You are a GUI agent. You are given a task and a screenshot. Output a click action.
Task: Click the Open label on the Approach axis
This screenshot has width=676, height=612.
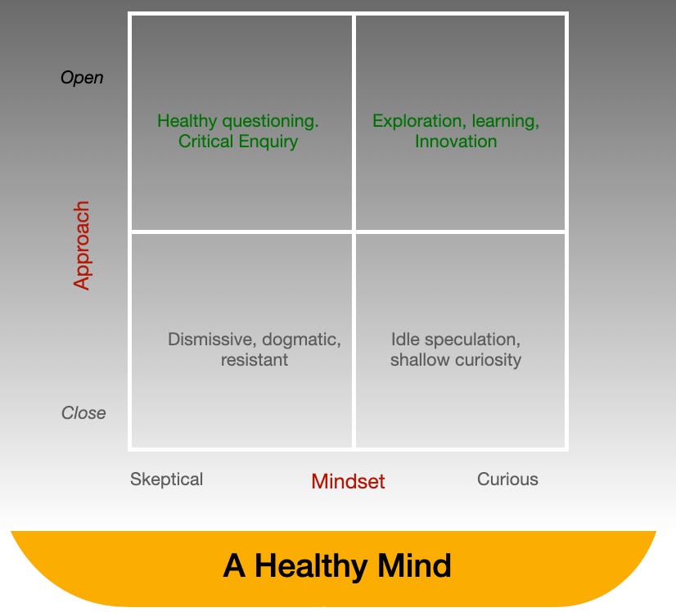(x=82, y=78)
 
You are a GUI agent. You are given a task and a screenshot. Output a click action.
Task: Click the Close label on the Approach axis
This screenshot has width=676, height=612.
(x=83, y=413)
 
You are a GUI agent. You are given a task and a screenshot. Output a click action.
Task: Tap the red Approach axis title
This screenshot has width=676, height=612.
(x=82, y=245)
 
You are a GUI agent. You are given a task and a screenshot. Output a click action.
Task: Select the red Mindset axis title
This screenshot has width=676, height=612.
(x=348, y=481)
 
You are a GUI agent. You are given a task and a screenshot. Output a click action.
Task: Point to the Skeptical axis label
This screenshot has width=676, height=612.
(x=166, y=479)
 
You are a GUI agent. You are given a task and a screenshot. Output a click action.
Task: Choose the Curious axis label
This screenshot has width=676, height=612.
(x=507, y=479)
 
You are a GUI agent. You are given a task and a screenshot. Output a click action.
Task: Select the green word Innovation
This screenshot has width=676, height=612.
(x=456, y=142)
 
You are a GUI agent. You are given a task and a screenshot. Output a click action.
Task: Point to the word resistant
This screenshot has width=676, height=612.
(x=255, y=359)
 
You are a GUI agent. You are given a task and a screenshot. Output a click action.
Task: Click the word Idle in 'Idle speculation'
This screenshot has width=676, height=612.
(x=407, y=339)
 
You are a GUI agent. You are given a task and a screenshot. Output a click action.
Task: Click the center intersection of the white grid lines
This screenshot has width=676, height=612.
(x=354, y=232)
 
